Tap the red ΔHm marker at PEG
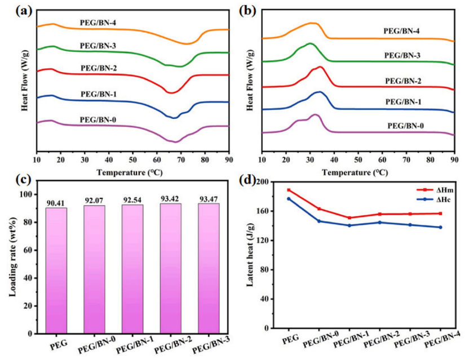[x=289, y=190]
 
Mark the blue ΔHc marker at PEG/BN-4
[x=440, y=227]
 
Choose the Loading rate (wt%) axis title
[x=13, y=257]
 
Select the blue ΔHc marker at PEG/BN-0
[x=319, y=221]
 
